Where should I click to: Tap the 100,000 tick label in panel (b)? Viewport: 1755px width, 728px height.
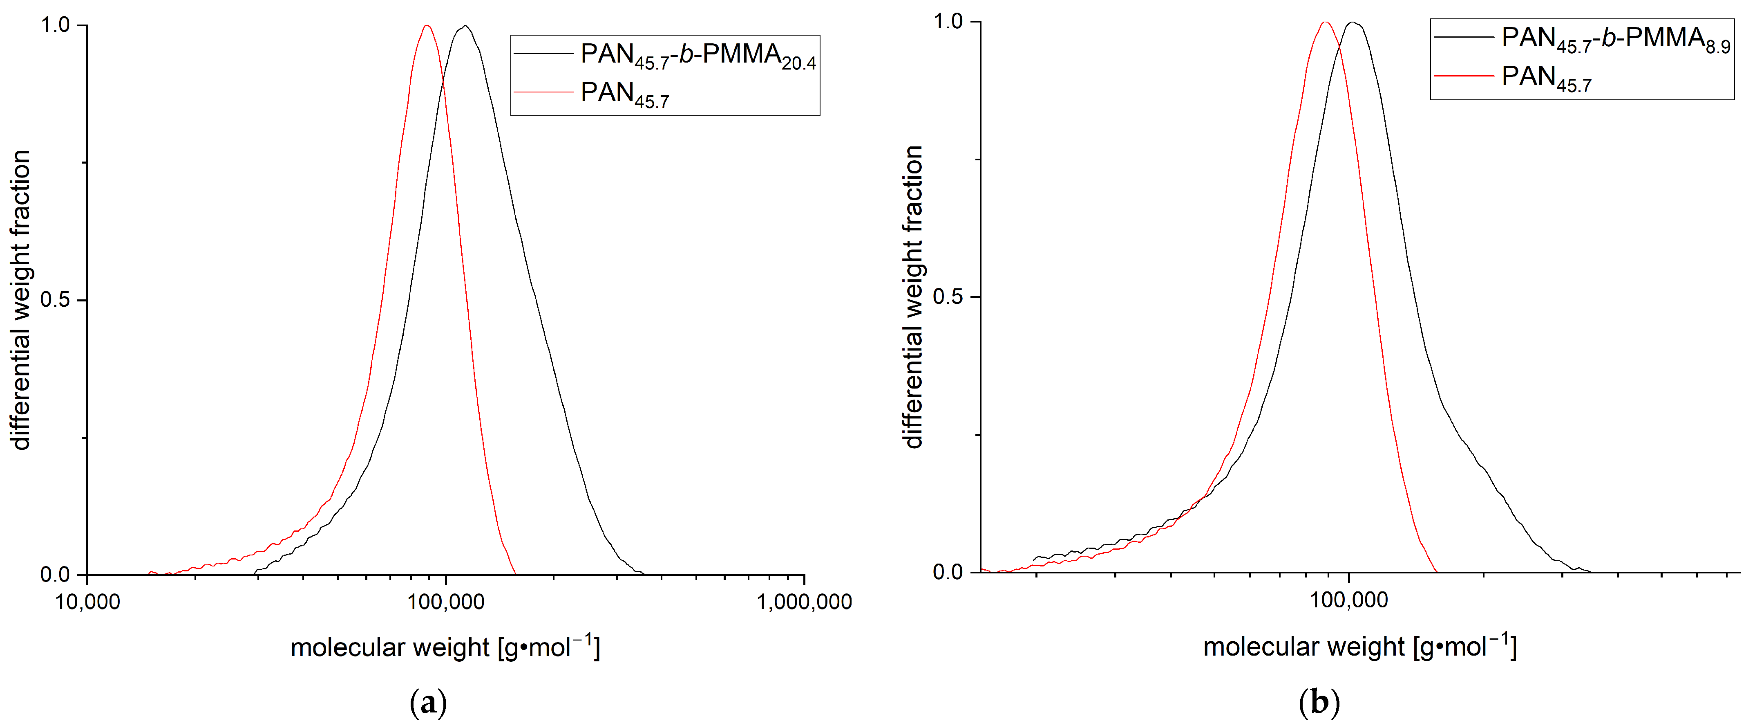1349,600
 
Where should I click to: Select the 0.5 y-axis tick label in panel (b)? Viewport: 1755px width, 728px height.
947,297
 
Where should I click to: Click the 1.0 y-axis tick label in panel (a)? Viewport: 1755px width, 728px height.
54,25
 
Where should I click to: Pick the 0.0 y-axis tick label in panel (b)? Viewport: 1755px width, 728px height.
947,572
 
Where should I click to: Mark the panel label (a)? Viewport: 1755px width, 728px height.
429,703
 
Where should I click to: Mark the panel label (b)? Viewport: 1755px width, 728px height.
1320,703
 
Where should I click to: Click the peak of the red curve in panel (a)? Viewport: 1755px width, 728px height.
427,26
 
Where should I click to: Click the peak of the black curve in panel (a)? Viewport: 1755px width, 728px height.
465,26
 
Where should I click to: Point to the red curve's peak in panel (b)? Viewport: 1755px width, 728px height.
1325,22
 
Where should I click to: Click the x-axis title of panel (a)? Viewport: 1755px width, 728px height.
445,647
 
